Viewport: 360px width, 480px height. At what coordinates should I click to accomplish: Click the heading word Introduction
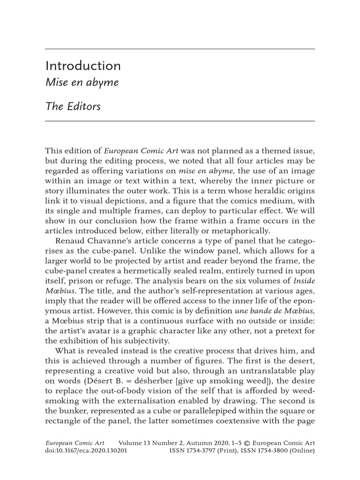pos(82,66)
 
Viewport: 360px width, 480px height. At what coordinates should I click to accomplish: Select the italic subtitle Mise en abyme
pos(82,83)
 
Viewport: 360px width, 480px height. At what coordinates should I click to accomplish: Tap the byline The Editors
pos(73,106)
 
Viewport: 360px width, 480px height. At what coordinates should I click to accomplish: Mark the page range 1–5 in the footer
pos(234,442)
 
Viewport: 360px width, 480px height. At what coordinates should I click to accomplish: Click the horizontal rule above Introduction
pos(180,49)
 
